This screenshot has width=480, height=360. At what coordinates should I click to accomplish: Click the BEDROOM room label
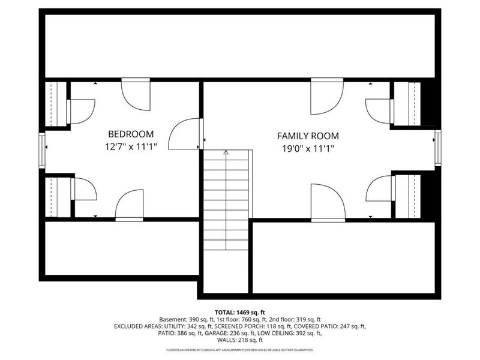point(131,134)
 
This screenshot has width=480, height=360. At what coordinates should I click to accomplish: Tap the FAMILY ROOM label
point(307,136)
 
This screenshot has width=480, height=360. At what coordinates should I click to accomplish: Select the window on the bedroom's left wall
point(42,145)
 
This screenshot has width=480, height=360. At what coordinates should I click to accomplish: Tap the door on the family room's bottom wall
point(328,203)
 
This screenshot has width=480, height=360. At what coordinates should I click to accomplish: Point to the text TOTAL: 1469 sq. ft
point(240,312)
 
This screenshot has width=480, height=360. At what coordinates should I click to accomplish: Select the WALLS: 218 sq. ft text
point(240,340)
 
